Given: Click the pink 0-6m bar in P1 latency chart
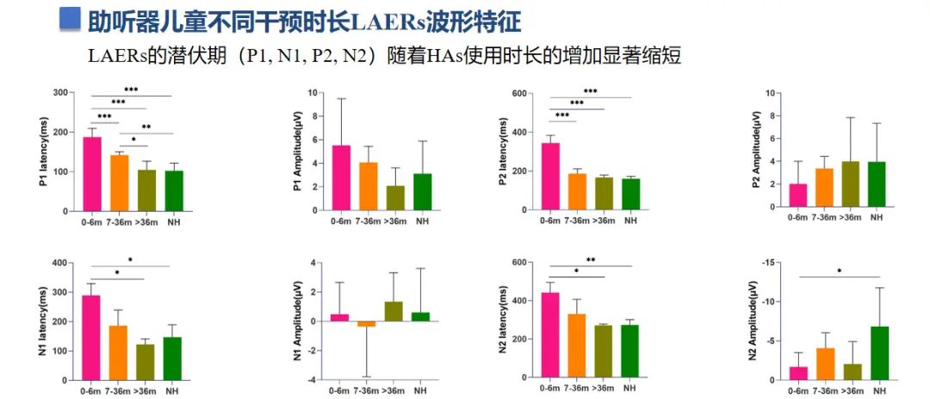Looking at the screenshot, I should point(91,174).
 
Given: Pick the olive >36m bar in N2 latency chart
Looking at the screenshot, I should point(603,352).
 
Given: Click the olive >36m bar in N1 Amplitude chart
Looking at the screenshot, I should point(393,311).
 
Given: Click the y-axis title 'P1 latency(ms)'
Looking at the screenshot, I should point(44,152).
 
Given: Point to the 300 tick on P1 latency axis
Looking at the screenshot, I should point(60,93).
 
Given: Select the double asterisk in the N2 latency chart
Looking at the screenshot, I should point(592,260).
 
